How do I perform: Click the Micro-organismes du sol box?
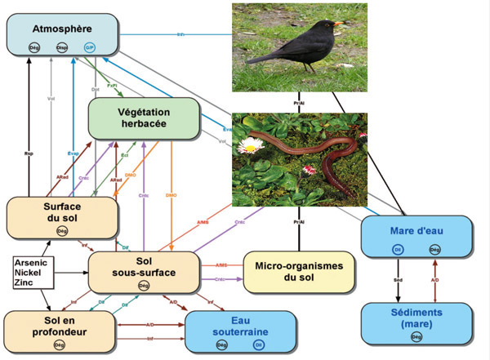point(300,272)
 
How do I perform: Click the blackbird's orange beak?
point(336,24)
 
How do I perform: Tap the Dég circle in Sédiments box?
point(416,337)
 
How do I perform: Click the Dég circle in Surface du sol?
point(62,232)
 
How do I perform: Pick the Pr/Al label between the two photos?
point(299,103)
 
